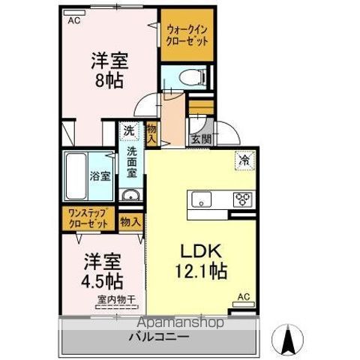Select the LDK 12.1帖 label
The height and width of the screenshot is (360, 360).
click(x=202, y=259)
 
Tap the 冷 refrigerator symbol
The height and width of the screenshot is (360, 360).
click(x=245, y=159)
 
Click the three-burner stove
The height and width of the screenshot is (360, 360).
click(x=244, y=199)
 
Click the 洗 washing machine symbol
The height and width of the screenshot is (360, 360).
click(x=130, y=130)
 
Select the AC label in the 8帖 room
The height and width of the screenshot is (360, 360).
click(x=73, y=21)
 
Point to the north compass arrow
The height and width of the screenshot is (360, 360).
click(x=286, y=339)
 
